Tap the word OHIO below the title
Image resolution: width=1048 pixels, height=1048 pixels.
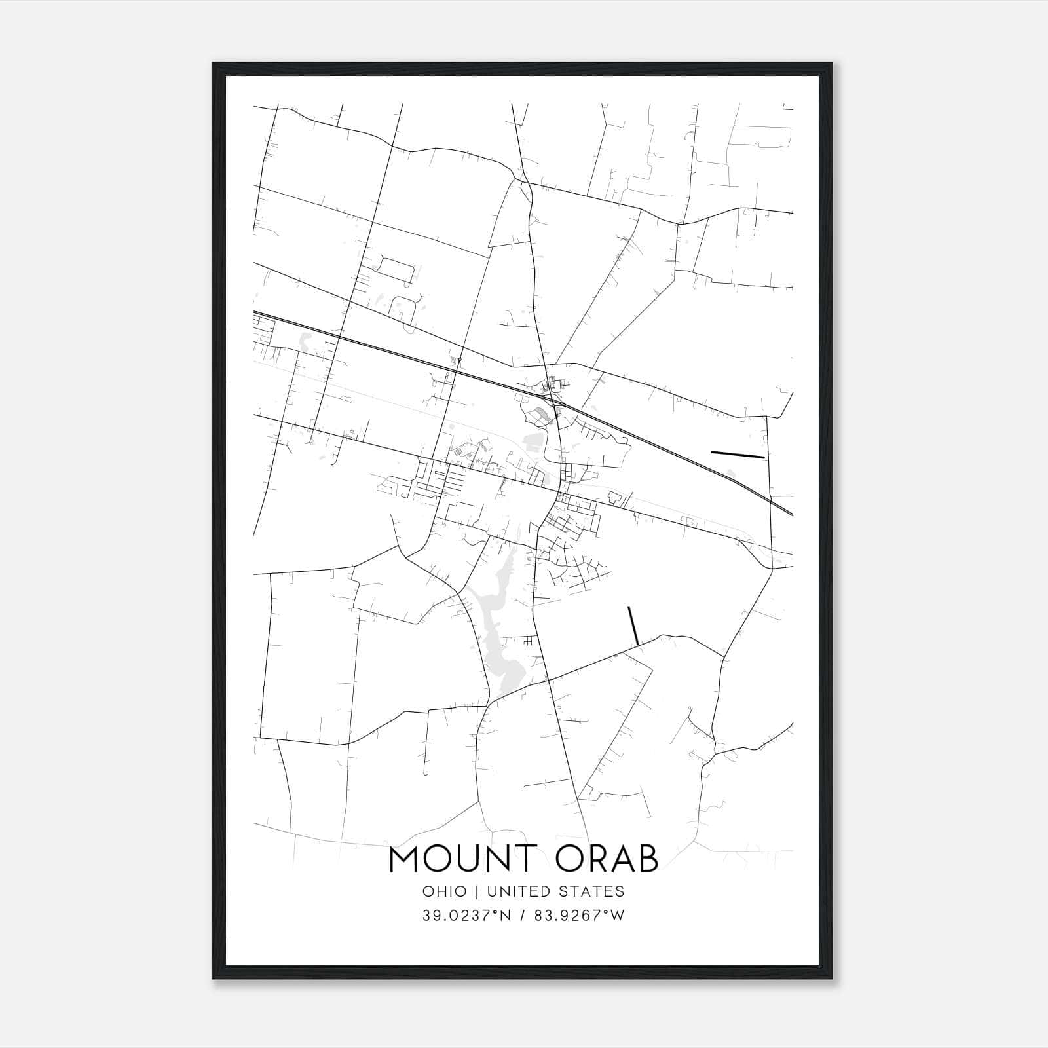coord(445,891)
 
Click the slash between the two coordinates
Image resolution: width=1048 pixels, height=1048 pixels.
coord(522,916)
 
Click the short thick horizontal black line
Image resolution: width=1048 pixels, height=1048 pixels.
coord(738,454)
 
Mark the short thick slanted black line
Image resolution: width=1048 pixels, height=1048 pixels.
coord(633,626)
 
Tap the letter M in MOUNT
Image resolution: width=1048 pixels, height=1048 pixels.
coord(405,860)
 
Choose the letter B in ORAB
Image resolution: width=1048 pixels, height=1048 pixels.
coord(646,860)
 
